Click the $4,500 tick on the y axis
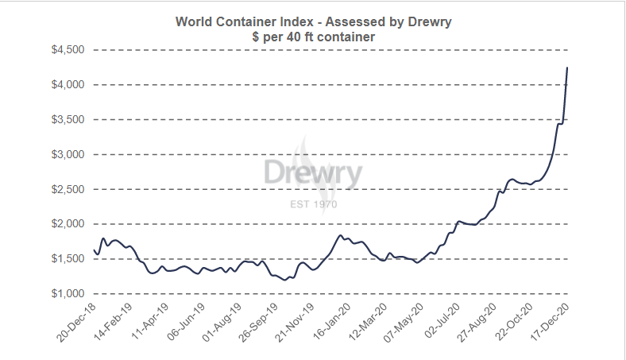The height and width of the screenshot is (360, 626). (67, 49)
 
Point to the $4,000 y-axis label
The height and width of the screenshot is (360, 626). (67, 84)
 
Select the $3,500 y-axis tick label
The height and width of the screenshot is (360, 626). (67, 119)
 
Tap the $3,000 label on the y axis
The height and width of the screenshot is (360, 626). (67, 154)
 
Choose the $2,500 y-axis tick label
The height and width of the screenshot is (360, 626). (67, 189)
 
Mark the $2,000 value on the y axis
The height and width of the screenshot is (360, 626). (67, 224)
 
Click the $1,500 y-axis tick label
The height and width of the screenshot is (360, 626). (67, 259)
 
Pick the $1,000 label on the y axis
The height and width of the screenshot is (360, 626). (67, 294)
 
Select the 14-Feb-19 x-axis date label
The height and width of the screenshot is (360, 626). (114, 322)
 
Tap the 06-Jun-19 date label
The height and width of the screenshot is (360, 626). (184, 322)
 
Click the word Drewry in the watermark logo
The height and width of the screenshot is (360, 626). (313, 174)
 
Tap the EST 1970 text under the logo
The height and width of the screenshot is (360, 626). (313, 204)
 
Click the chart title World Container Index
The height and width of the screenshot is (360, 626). (312, 21)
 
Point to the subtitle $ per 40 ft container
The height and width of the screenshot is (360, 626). (312, 37)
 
